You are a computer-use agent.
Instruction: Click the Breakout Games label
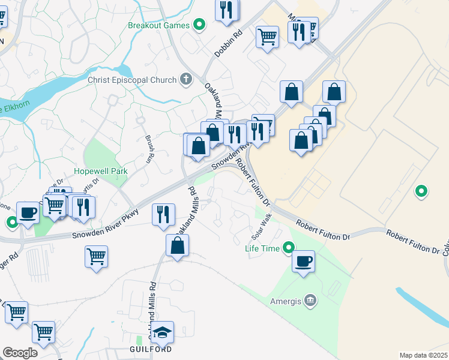158,25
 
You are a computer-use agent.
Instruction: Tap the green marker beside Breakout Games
200,25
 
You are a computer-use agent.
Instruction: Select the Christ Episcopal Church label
132,80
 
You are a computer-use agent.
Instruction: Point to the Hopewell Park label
101,171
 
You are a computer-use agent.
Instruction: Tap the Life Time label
263,248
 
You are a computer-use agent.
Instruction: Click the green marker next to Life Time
289,247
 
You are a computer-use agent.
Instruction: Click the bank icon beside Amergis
310,299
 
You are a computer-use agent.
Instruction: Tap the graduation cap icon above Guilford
163,332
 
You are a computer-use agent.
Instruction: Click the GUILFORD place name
151,349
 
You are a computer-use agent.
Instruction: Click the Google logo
20,353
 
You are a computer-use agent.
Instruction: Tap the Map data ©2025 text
423,355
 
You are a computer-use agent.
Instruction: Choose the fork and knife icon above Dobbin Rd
227,10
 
